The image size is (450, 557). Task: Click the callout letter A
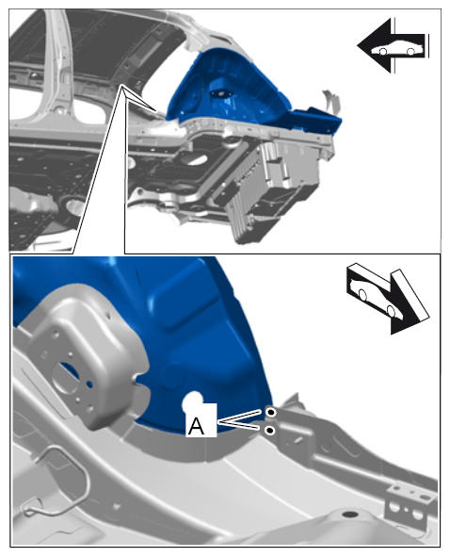point(196,426)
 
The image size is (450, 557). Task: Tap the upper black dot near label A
point(271,412)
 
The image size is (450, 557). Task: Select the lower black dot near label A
point(270,430)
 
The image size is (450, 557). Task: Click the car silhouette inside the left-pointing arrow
point(397,49)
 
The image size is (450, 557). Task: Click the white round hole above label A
point(193,401)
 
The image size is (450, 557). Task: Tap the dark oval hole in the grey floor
point(350,514)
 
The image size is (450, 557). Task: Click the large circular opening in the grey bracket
point(65,378)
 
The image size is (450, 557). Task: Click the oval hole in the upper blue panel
point(220,94)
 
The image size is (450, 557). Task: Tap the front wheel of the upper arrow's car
point(382,52)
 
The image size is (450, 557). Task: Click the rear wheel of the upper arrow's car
point(410,52)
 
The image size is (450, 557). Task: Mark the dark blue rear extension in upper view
point(316,119)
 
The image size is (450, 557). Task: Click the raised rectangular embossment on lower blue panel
point(185,302)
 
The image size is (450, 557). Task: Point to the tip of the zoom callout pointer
point(121,85)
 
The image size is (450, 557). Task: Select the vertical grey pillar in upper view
point(58,57)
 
